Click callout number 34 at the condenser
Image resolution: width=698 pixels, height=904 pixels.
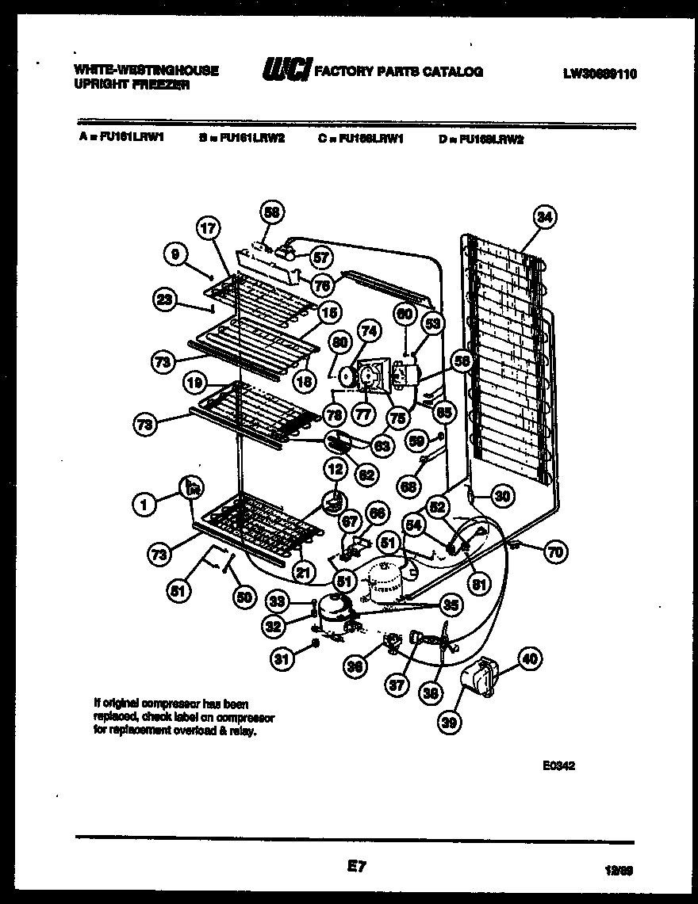(545, 216)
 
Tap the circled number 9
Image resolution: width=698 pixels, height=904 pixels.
(177, 254)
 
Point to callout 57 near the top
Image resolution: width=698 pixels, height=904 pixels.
(322, 257)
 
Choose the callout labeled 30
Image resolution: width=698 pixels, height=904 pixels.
(501, 497)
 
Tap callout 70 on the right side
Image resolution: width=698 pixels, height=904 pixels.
(555, 552)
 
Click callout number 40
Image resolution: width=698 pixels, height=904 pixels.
(529, 657)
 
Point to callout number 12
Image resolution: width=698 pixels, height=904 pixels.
(335, 470)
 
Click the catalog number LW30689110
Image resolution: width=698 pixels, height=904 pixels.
(600, 74)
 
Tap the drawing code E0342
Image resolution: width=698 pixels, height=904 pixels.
(558, 766)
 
